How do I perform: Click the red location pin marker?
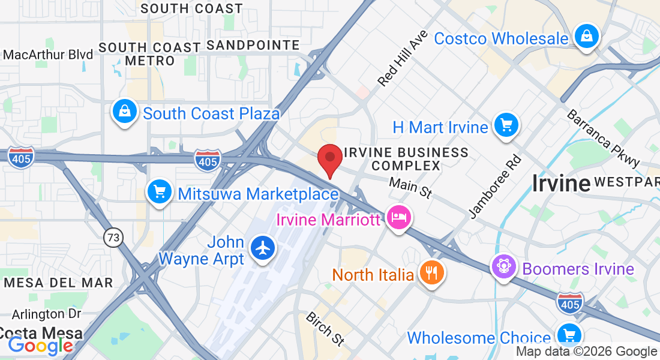click(329, 160)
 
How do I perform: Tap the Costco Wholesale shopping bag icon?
click(585, 37)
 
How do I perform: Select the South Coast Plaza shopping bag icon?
click(124, 112)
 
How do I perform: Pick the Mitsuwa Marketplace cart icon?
click(159, 193)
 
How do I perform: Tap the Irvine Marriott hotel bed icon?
click(398, 217)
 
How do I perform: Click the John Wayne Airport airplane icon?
click(262, 248)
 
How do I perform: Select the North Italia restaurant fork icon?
click(431, 273)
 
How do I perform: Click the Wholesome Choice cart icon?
click(568, 335)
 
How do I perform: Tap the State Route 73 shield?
click(112, 237)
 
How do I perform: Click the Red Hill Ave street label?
click(403, 58)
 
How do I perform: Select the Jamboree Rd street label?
click(496, 187)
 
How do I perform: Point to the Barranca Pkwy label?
click(604, 139)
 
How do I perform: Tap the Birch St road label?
click(325, 329)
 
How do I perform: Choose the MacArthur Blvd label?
click(48, 55)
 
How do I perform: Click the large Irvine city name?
click(560, 183)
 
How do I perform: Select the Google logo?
click(40, 346)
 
